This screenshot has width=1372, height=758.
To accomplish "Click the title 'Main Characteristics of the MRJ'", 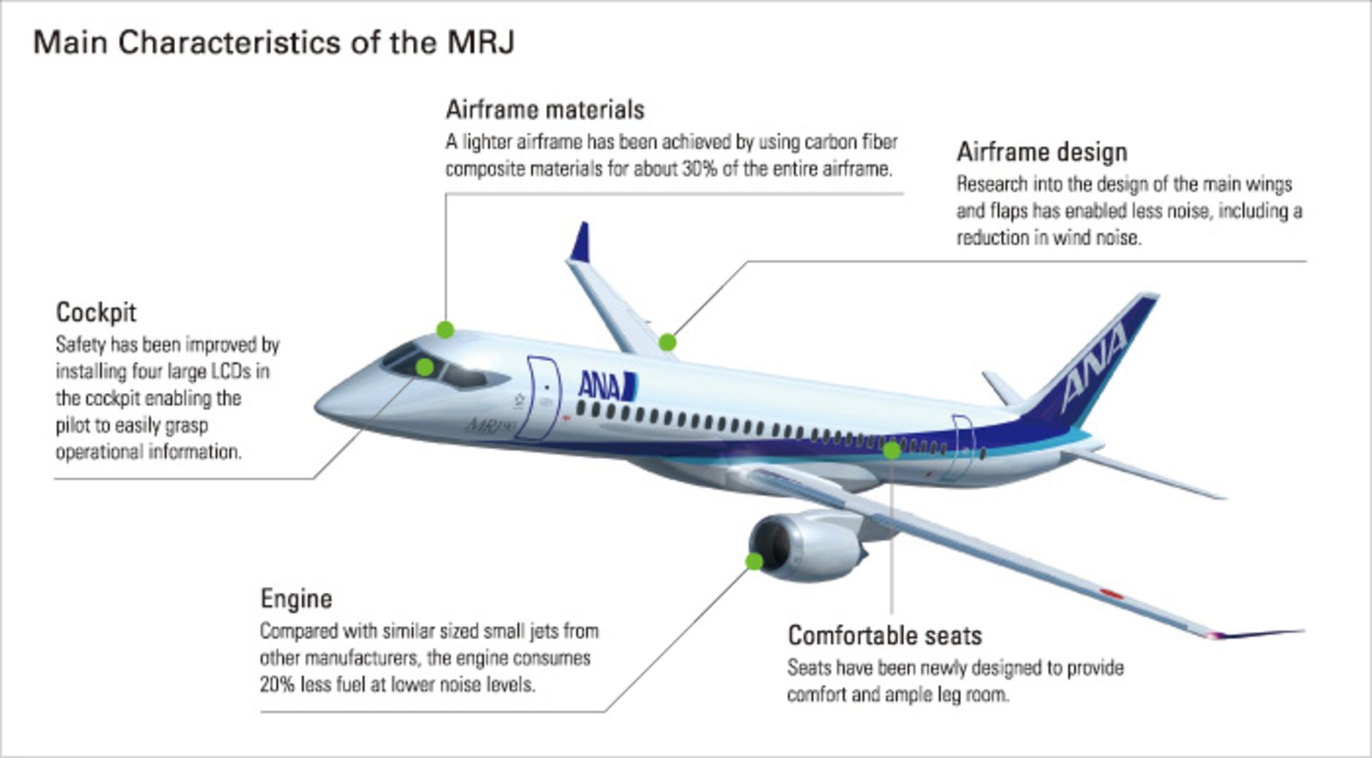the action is click(274, 43).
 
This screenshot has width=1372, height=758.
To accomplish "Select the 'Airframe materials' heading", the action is click(545, 109).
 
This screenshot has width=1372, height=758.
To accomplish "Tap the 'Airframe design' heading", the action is click(1042, 152).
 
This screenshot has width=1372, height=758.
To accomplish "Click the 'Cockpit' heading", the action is click(96, 313).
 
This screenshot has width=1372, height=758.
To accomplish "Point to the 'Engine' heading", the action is click(296, 599).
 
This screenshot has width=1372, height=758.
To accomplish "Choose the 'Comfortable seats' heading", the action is click(885, 635).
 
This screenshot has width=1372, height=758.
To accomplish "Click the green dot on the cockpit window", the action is click(424, 367).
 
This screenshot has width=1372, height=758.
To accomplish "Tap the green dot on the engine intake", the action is click(754, 562).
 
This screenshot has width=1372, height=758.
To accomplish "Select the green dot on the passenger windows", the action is click(892, 451).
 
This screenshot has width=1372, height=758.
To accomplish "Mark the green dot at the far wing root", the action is click(667, 342).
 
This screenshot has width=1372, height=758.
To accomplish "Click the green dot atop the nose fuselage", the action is click(445, 329).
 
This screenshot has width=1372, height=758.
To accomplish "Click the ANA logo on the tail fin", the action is click(1093, 366).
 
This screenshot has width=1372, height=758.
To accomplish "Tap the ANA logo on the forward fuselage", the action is click(607, 386).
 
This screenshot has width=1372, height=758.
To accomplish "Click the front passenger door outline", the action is click(543, 398).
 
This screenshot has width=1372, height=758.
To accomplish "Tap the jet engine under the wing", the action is click(807, 547).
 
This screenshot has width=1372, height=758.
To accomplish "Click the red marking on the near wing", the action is click(1112, 594).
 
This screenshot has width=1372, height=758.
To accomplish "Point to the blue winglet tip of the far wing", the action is click(581, 242).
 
